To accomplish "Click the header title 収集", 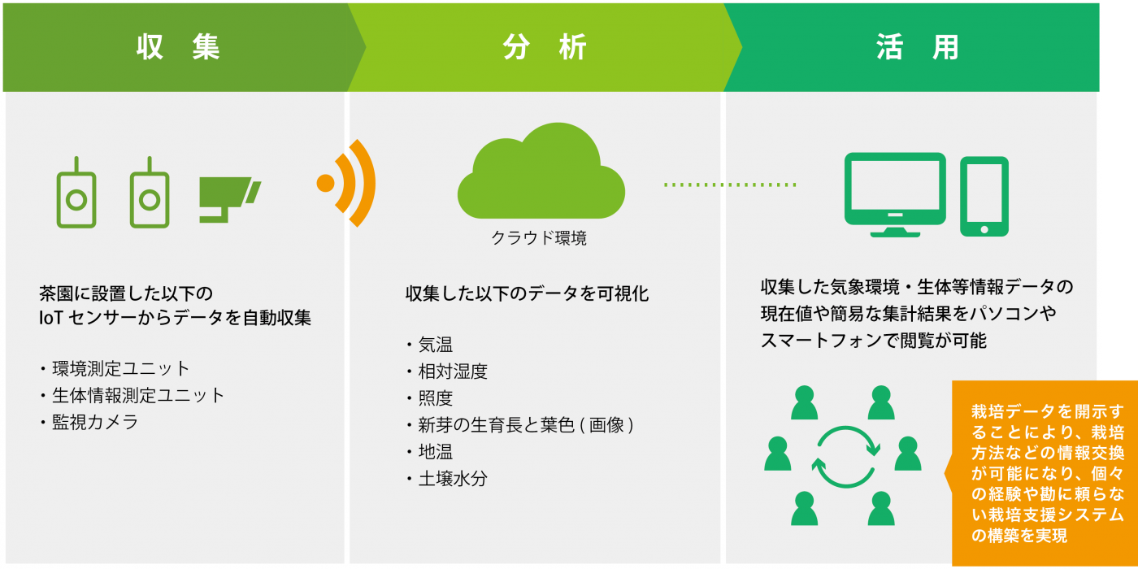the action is tap(178, 47).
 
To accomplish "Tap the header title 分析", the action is tap(545, 47).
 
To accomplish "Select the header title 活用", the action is tap(918, 47).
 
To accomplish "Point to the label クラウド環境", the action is tap(539, 238).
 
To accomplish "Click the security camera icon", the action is tap(230, 199).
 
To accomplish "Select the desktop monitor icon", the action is tap(895, 194).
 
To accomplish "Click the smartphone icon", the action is tap(984, 197).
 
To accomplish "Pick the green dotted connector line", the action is tap(730, 185).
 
